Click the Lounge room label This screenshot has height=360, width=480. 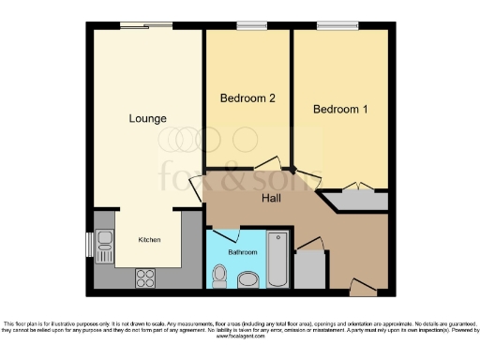(148, 119)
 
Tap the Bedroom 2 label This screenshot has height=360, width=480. (247, 97)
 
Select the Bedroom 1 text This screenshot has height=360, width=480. (340, 110)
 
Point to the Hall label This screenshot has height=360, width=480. (273, 198)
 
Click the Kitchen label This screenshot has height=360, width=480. (150, 240)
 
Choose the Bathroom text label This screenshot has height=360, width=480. (241, 252)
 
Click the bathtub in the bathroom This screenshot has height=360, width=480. (278, 260)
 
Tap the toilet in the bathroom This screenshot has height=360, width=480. (219, 276)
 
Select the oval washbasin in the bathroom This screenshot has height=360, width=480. (248, 279)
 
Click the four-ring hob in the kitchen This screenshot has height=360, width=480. (146, 277)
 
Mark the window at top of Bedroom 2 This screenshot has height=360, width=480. (248, 25)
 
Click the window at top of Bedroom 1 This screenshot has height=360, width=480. (330, 25)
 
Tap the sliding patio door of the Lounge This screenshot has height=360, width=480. (146, 25)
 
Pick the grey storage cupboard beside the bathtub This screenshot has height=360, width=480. (309, 270)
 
